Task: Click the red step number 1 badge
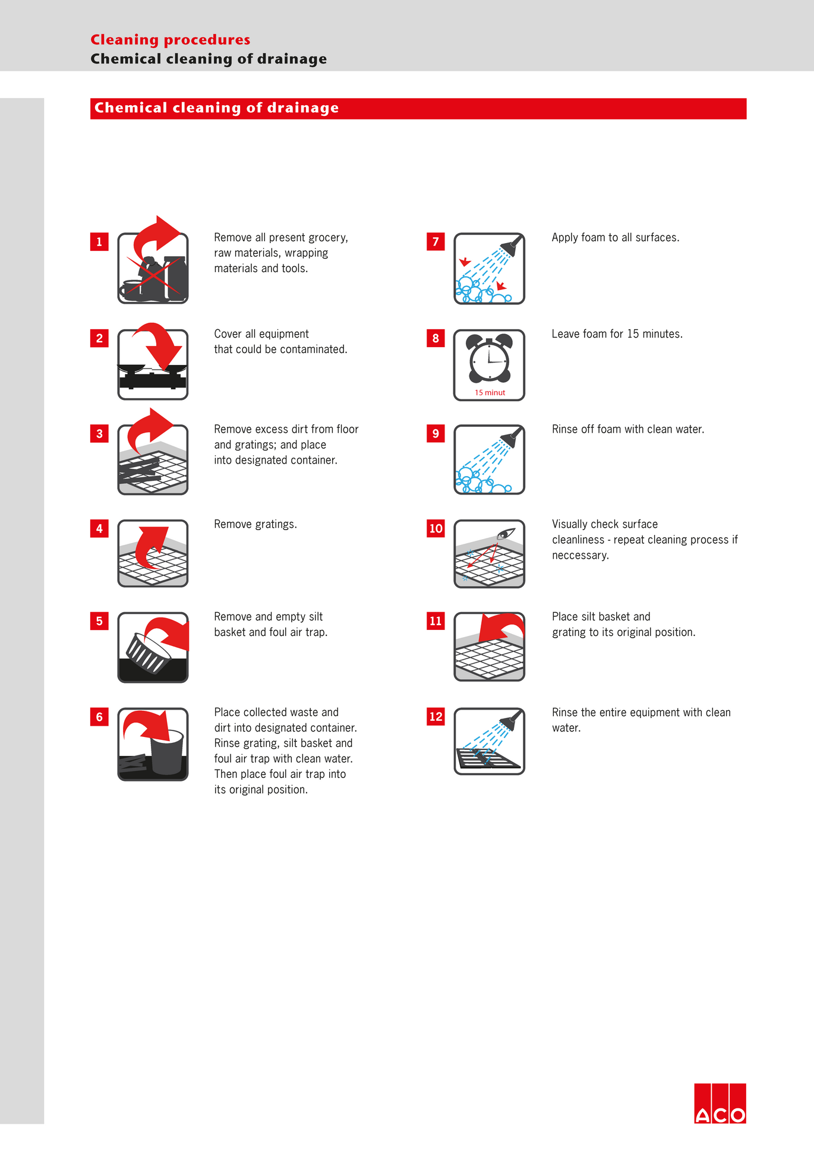(99, 242)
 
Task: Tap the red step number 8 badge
(436, 338)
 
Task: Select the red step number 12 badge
(436, 716)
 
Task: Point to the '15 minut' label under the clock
(490, 393)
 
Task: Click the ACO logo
(720, 1104)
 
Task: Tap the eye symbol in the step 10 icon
(505, 533)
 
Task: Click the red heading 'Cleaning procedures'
(171, 40)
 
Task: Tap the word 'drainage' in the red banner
(303, 108)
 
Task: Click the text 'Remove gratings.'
(255, 524)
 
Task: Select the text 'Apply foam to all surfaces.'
(615, 238)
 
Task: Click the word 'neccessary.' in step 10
(580, 556)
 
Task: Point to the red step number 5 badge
(99, 621)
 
